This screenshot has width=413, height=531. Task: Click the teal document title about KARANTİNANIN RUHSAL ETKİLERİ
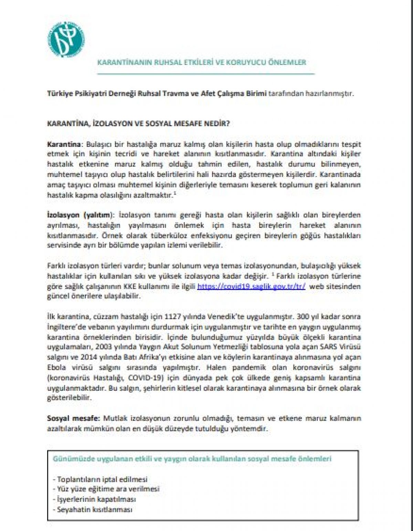click(x=202, y=63)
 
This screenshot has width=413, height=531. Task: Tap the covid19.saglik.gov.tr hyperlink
click(x=251, y=286)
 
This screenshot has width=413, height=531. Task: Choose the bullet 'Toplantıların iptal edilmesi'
click(x=100, y=479)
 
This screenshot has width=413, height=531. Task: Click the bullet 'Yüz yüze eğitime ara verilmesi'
click(x=106, y=489)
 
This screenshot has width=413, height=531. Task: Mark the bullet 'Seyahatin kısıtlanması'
click(x=93, y=509)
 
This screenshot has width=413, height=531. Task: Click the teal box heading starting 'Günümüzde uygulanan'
click(x=192, y=459)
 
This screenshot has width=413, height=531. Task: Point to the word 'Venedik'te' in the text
click(x=221, y=316)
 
